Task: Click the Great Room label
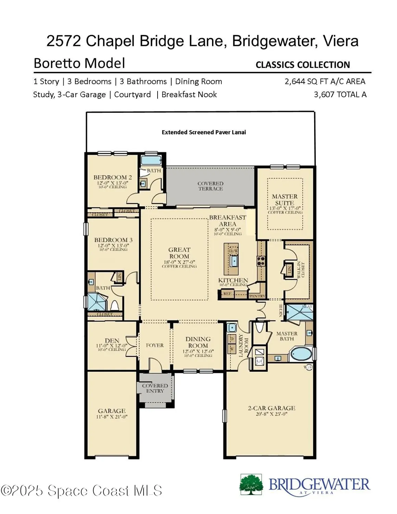coord(179,253)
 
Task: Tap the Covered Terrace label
coord(210,186)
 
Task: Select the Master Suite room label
coord(285,200)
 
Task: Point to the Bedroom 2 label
coord(112,178)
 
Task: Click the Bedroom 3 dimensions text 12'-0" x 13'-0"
coord(113,246)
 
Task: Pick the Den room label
coord(112,341)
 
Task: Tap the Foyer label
coord(155,345)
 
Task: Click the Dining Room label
coord(198,342)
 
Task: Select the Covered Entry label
coord(155,388)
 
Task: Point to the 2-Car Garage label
coord(271,408)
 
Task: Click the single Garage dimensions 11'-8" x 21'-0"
coord(112,417)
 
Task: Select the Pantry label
coord(257,296)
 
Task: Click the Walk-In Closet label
coord(303,270)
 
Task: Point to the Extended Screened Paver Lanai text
coord(203,132)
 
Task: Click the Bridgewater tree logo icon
coord(251,485)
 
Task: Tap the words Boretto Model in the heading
coord(79,63)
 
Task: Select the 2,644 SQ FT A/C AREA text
coord(325,82)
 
